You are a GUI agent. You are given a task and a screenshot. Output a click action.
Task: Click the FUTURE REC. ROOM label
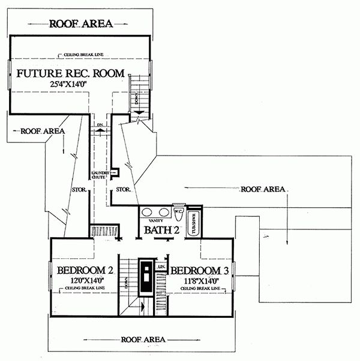click(71, 74)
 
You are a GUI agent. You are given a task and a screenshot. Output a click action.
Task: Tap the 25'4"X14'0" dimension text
click(71, 85)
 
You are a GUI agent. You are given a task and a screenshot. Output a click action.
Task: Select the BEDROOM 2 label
click(85, 270)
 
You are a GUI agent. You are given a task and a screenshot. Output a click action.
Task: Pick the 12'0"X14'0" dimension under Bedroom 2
click(85, 280)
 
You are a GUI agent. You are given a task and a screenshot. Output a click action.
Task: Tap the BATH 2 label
click(161, 230)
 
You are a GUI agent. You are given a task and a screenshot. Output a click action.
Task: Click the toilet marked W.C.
click(178, 213)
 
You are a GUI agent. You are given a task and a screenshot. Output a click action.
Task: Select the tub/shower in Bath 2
click(193, 223)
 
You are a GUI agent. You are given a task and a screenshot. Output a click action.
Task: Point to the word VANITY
click(157, 221)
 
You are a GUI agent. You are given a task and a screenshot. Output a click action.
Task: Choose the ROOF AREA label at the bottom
click(145, 339)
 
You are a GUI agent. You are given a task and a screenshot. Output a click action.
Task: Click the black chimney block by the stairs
click(145, 276)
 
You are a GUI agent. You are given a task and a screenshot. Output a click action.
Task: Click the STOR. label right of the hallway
click(124, 190)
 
